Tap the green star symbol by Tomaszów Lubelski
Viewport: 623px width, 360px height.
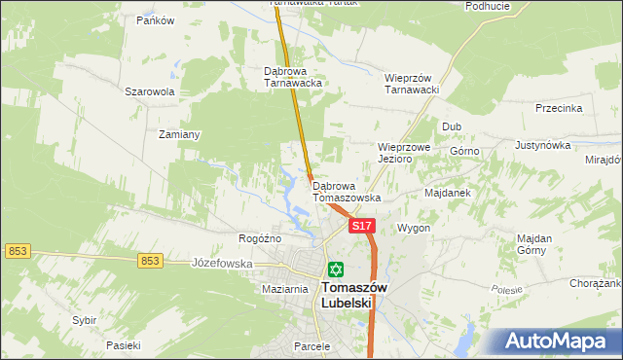click(336, 270)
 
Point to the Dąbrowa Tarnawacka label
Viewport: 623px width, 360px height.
click(293, 77)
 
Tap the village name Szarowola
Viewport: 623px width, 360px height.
click(149, 92)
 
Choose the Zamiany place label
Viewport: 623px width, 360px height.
click(179, 135)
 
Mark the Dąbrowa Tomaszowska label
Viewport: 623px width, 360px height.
click(346, 192)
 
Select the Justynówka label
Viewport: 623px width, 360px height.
click(542, 145)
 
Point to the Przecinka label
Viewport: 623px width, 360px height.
click(559, 108)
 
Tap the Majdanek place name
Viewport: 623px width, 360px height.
click(448, 193)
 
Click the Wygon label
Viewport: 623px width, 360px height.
click(413, 228)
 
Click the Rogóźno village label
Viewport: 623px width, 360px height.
click(260, 238)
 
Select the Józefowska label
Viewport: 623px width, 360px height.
click(222, 263)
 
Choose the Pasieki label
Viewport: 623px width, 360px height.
click(124, 345)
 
